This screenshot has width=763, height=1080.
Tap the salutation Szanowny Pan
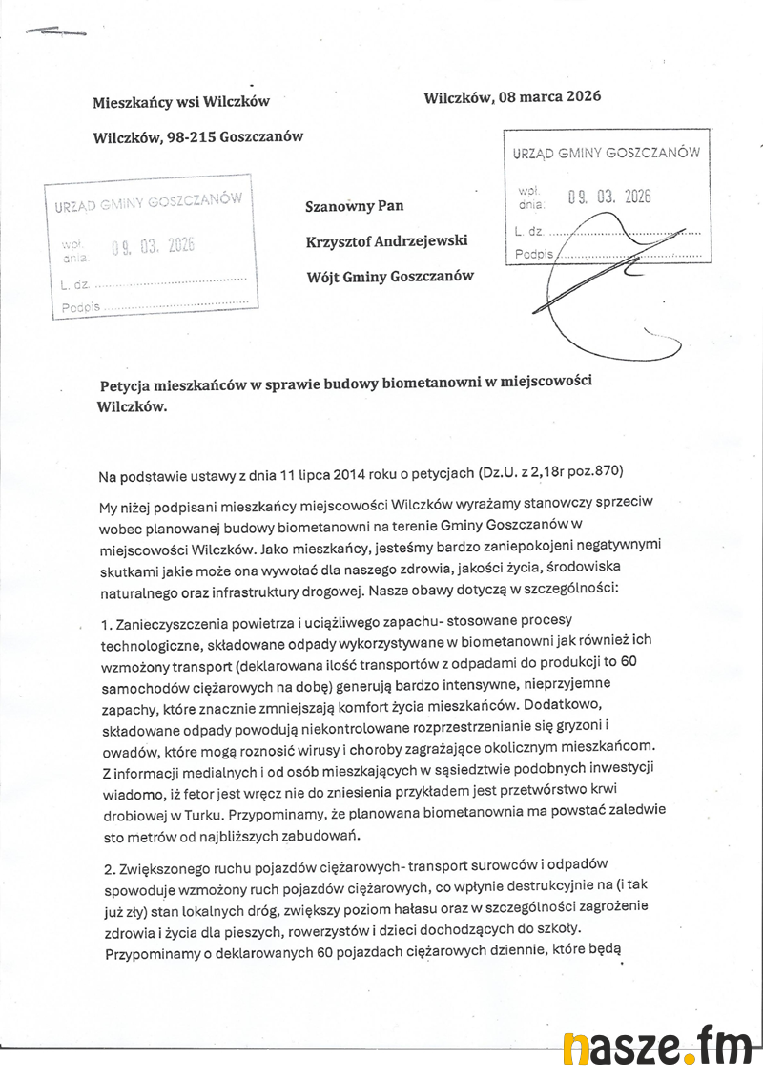pos(354,205)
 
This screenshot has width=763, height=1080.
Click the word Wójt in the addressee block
pos(323,276)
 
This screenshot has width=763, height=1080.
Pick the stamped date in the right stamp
pos(608,197)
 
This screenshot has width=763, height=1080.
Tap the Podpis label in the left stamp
pos(80,307)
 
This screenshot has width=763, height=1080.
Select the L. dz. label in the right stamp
pos(528,232)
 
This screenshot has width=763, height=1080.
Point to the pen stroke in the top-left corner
pos(55,32)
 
